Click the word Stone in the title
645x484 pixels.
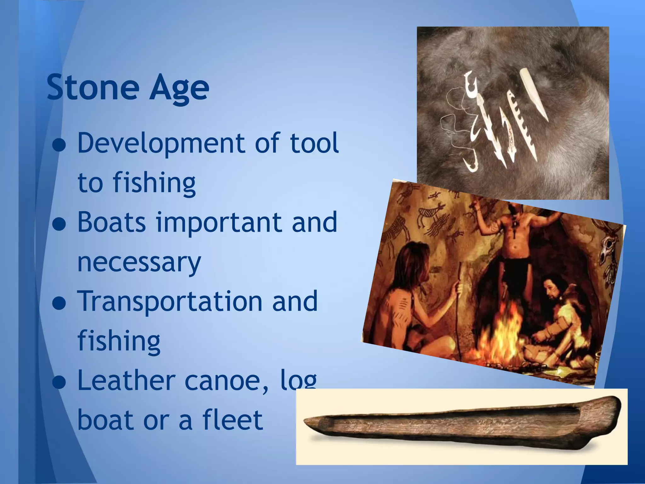(x=93, y=87)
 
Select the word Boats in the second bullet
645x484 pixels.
(x=111, y=222)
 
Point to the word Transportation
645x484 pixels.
(x=170, y=301)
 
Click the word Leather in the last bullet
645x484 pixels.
(x=126, y=381)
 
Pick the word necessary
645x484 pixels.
(x=139, y=262)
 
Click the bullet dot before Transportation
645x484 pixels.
(x=59, y=304)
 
